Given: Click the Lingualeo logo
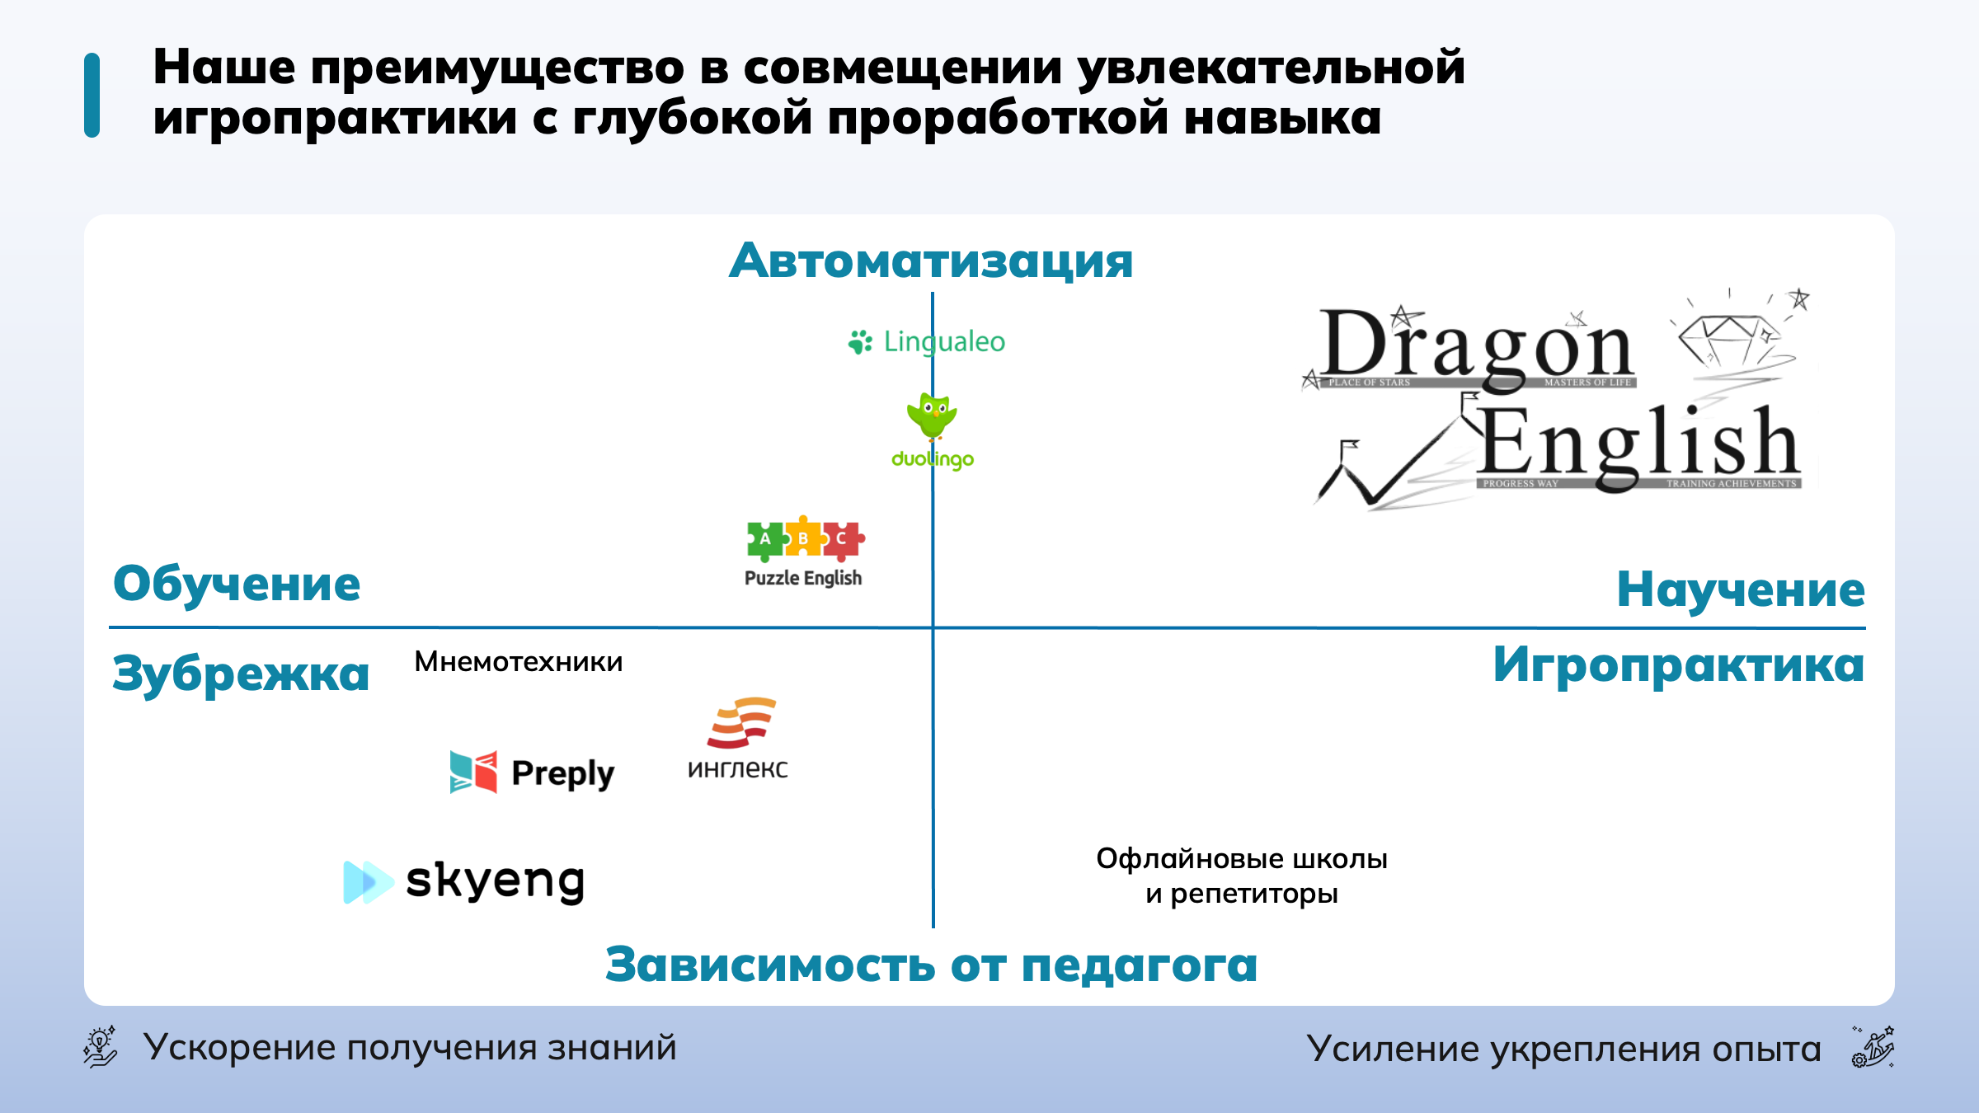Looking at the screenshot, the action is (x=927, y=341).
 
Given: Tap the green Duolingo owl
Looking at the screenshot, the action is (x=932, y=416).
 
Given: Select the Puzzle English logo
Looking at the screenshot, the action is (x=804, y=552).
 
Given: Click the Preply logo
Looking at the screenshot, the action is (x=532, y=773).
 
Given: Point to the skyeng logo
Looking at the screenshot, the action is (x=464, y=881).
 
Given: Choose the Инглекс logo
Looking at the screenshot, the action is (x=739, y=739).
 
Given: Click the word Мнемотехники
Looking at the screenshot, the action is (x=519, y=662).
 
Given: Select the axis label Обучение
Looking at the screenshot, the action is (x=237, y=585).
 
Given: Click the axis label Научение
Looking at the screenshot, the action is (x=1741, y=589).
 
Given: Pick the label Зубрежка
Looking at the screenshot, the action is (x=241, y=674).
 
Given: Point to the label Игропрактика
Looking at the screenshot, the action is (x=1679, y=665).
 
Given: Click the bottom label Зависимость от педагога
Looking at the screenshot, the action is (x=932, y=965).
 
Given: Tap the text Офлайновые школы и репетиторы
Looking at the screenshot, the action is (x=1242, y=876).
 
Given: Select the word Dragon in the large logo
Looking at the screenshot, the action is (x=1476, y=346).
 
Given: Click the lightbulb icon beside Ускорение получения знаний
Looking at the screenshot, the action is (x=101, y=1047).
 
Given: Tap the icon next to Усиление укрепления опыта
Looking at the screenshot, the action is (x=1873, y=1047).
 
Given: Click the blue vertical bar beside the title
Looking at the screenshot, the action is (x=92, y=95).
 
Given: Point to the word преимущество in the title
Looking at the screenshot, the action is (x=497, y=67).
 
